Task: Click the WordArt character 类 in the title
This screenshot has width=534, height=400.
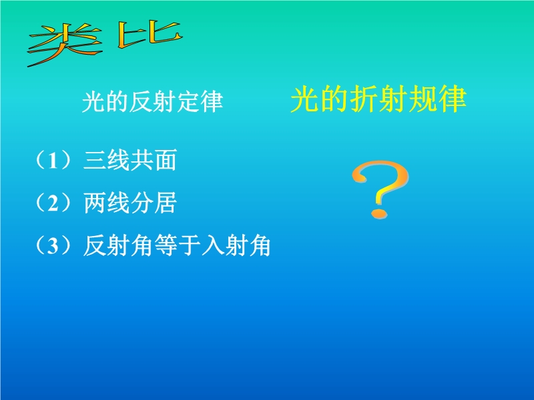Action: [65, 43]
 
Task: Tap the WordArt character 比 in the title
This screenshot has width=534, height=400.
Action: [149, 34]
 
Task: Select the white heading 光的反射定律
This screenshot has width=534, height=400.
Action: [152, 101]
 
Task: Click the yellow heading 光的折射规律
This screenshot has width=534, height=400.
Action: [378, 99]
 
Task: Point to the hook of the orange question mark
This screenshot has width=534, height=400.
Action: [380, 181]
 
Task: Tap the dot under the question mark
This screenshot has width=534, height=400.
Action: [378, 213]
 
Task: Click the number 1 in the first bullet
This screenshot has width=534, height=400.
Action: [53, 161]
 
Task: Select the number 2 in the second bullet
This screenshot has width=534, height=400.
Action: [53, 203]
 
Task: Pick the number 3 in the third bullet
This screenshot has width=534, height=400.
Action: [53, 245]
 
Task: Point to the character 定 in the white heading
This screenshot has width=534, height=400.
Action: [188, 101]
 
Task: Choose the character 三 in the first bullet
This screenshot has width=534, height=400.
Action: [95, 160]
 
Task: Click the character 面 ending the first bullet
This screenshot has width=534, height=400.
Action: [166, 160]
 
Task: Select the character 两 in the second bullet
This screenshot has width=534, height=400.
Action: [95, 203]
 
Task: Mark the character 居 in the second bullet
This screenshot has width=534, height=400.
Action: [166, 203]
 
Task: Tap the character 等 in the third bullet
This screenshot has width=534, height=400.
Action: [166, 245]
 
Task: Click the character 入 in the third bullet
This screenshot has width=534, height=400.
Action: [212, 245]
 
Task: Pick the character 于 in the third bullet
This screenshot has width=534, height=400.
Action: [189, 245]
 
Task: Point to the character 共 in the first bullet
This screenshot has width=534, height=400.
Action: [142, 160]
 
